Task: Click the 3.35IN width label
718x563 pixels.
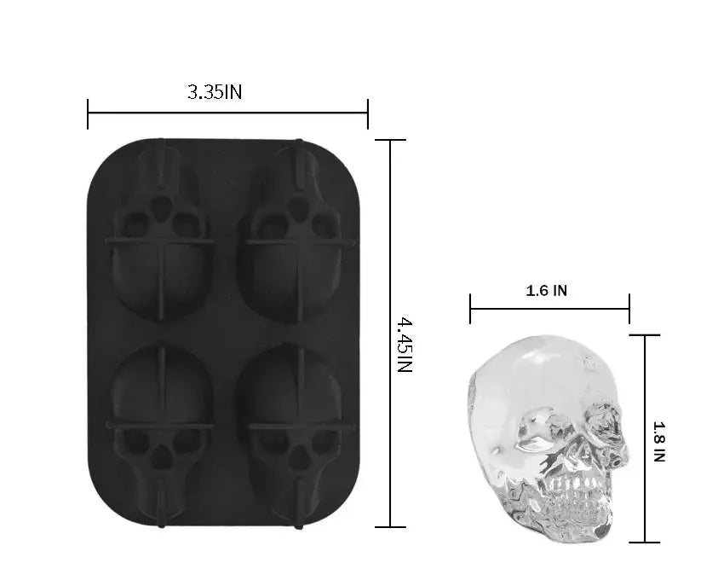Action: click(x=215, y=92)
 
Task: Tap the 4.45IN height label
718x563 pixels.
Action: click(x=405, y=345)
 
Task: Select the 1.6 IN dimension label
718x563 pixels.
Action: click(x=547, y=290)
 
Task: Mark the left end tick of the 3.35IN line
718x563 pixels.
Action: click(x=88, y=113)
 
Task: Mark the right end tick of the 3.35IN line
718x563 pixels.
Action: click(x=367, y=113)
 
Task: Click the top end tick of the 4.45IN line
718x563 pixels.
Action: click(x=390, y=141)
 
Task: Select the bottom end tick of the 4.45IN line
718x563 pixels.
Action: click(x=390, y=527)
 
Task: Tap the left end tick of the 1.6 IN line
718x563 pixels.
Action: click(x=470, y=308)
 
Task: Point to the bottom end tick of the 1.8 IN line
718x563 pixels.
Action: click(x=645, y=542)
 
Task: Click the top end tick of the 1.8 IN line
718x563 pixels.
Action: click(x=645, y=335)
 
